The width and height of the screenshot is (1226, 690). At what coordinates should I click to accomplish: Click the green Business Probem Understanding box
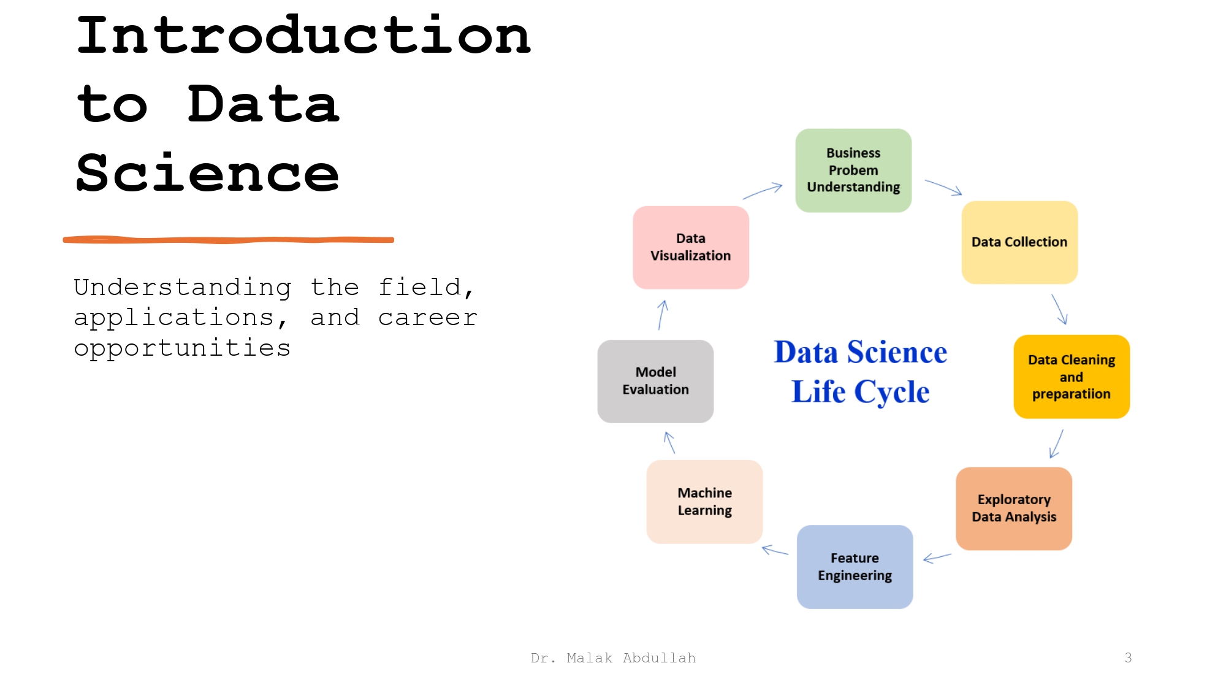click(853, 171)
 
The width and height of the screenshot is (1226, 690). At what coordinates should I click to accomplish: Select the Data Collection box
click(1019, 242)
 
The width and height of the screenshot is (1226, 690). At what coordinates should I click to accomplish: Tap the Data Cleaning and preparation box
click(1072, 377)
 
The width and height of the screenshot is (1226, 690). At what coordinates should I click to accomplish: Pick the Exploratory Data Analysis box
click(1014, 508)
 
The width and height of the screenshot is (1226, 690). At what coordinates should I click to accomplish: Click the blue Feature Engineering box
click(855, 567)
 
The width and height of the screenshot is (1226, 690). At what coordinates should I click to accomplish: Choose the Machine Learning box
click(704, 502)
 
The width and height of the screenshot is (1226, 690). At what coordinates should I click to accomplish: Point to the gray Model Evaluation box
click(655, 381)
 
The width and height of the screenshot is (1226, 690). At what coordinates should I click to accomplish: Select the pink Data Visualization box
click(691, 247)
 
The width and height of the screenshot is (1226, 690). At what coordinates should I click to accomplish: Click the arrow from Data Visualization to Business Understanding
click(763, 191)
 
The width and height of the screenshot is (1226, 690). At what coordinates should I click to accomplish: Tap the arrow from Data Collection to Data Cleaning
click(1060, 309)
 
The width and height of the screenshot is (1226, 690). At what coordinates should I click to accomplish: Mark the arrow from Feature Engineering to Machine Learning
click(775, 550)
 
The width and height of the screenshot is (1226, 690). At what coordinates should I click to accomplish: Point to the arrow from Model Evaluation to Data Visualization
click(661, 315)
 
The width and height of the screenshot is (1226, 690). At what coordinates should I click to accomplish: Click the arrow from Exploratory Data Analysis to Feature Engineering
click(937, 558)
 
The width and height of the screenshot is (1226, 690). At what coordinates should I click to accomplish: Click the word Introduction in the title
click(303, 36)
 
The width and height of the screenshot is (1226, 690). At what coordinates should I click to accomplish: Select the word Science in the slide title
click(207, 174)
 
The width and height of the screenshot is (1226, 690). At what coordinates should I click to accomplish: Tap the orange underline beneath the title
click(228, 240)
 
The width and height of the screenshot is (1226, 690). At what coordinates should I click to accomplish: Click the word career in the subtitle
click(427, 318)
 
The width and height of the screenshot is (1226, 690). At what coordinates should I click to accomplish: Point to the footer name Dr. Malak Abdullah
click(613, 658)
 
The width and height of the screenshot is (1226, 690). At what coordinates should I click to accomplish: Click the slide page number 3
click(1128, 658)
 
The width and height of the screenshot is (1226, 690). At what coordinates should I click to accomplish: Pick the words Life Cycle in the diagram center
click(860, 392)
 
